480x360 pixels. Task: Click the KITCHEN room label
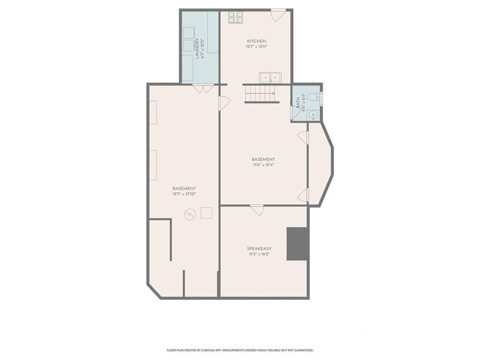click(256, 41)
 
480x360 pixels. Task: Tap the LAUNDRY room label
click(197, 48)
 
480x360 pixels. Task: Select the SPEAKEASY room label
click(259, 249)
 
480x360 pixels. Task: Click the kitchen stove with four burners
click(236, 17)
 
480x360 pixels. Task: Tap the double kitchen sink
click(270, 77)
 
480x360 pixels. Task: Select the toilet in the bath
click(315, 97)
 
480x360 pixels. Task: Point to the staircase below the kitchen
click(261, 94)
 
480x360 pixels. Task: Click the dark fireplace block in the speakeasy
click(298, 244)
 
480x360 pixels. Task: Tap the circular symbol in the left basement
click(190, 214)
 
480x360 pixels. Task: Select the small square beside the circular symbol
click(206, 213)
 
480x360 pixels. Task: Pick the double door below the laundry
click(203, 89)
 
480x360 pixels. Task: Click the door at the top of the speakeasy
click(257, 210)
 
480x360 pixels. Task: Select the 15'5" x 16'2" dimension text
click(259, 254)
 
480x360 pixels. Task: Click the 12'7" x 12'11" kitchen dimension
click(256, 47)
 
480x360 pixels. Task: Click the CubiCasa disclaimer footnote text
click(240, 350)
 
